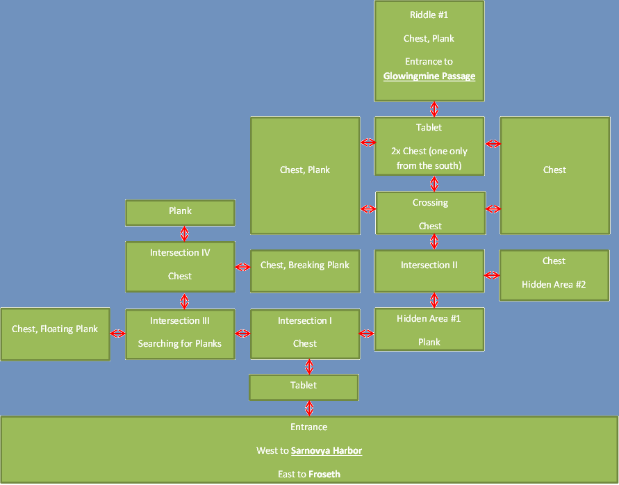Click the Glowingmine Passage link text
click(x=429, y=76)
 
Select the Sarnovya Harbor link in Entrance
click(x=327, y=451)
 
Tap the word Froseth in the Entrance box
click(x=324, y=475)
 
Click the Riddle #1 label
click(x=429, y=15)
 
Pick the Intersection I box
click(x=305, y=333)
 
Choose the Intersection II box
click(x=429, y=271)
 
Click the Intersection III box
click(x=180, y=333)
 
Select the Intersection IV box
click(x=180, y=265)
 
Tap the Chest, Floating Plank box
click(x=55, y=334)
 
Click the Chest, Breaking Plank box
click(x=305, y=271)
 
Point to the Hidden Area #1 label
click(x=429, y=319)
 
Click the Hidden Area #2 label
click(x=554, y=284)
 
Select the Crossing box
click(x=430, y=213)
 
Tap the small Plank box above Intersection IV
click(x=180, y=212)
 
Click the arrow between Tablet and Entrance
click(x=309, y=408)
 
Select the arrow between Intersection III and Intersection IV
click(x=184, y=302)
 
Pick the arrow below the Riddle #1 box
click(x=434, y=109)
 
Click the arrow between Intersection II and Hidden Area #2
click(x=492, y=276)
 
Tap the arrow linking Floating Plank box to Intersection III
click(x=118, y=334)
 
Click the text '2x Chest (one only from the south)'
click(x=429, y=158)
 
